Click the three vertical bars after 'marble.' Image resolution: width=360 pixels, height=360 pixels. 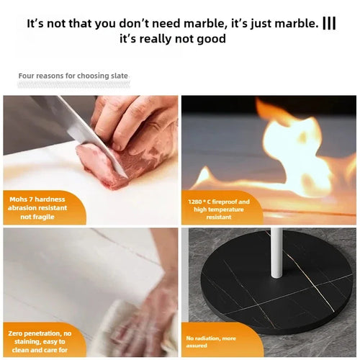coord(329,23)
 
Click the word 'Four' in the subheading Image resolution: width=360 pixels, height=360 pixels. coord(27,76)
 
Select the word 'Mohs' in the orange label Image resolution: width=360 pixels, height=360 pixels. coord(18,199)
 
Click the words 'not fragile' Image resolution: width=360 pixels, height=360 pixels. coord(37,217)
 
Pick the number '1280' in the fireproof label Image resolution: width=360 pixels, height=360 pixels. coord(195,202)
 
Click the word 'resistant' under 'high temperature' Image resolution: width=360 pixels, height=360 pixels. coord(219,217)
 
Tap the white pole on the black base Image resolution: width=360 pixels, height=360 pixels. coord(276,252)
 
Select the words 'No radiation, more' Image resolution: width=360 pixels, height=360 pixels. coord(211,338)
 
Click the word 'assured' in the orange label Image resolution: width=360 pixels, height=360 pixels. coord(197,346)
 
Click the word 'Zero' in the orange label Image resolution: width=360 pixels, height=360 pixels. coord(15,333)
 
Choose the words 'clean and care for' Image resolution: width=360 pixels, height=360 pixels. coord(40,350)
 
